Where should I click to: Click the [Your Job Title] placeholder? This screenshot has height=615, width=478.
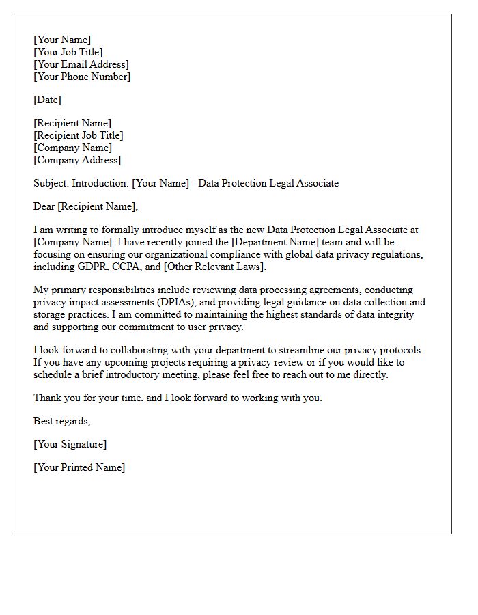[68, 52]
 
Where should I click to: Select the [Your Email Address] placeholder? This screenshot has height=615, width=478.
[81, 64]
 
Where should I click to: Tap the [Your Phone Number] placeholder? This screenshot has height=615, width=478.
[82, 77]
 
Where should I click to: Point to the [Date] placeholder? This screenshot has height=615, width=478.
[47, 100]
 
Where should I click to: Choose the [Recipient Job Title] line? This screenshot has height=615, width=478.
[79, 135]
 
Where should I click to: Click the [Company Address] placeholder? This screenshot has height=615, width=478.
[77, 160]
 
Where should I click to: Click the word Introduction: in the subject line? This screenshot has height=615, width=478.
[100, 183]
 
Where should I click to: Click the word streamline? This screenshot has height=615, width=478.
[303, 350]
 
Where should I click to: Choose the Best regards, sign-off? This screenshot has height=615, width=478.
[62, 421]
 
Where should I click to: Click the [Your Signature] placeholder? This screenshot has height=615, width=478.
[70, 444]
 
